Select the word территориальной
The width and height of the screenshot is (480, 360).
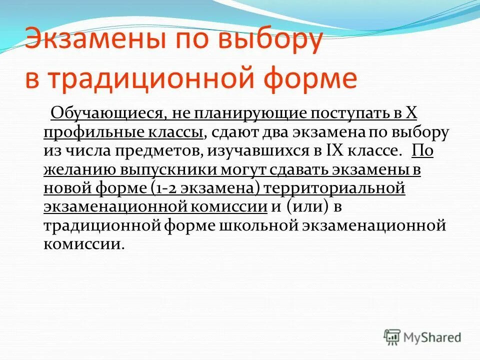click(333, 188)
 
